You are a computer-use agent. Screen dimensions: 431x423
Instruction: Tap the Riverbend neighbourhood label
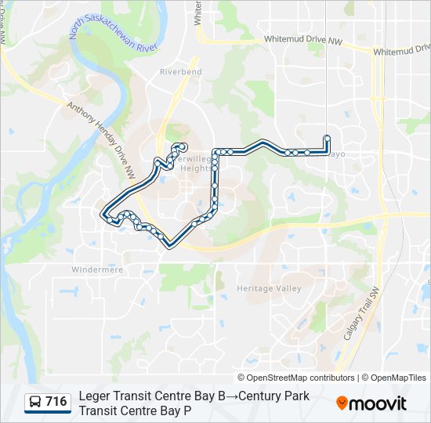click(x=180, y=72)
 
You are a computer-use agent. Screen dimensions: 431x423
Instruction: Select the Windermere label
click(x=98, y=269)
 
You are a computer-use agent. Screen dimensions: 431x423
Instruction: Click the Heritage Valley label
click(x=269, y=288)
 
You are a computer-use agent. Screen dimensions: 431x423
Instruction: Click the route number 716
click(x=56, y=402)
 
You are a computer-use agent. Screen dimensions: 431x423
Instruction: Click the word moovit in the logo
click(x=378, y=403)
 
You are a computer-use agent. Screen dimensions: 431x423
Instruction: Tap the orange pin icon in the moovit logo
click(x=342, y=403)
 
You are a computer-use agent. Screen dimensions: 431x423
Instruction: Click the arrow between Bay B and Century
click(x=233, y=396)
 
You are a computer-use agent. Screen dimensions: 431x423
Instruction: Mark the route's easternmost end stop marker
click(x=327, y=139)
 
